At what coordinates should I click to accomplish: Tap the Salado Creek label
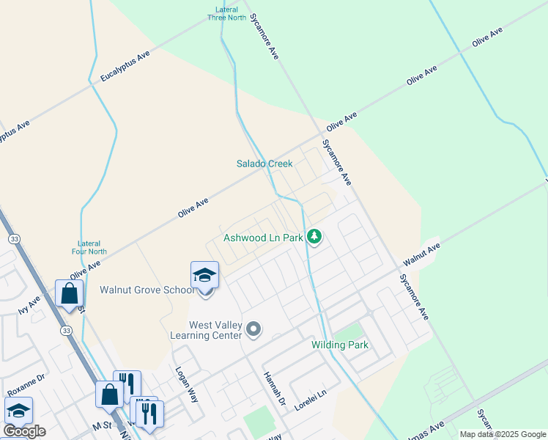pyautogui.click(x=264, y=164)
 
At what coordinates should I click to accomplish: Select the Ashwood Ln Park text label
pyautogui.click(x=263, y=238)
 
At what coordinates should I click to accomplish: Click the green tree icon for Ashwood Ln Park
pyautogui.click(x=314, y=236)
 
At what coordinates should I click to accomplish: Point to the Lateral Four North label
pyautogui.click(x=93, y=247)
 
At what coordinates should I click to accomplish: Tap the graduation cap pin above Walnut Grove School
pyautogui.click(x=204, y=275)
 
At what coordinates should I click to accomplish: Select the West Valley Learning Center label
pyautogui.click(x=215, y=330)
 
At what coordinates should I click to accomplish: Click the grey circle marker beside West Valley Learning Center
pyautogui.click(x=253, y=329)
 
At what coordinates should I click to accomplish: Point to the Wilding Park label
pyautogui.click(x=339, y=344)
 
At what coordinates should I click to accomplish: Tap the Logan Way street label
pyautogui.click(x=182, y=381)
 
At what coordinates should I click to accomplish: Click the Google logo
pyautogui.click(x=25, y=431)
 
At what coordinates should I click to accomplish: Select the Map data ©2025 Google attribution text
pyautogui.click(x=502, y=434)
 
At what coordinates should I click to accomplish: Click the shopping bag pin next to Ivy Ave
pyautogui.click(x=69, y=294)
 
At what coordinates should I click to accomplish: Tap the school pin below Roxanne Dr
pyautogui.click(x=18, y=411)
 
